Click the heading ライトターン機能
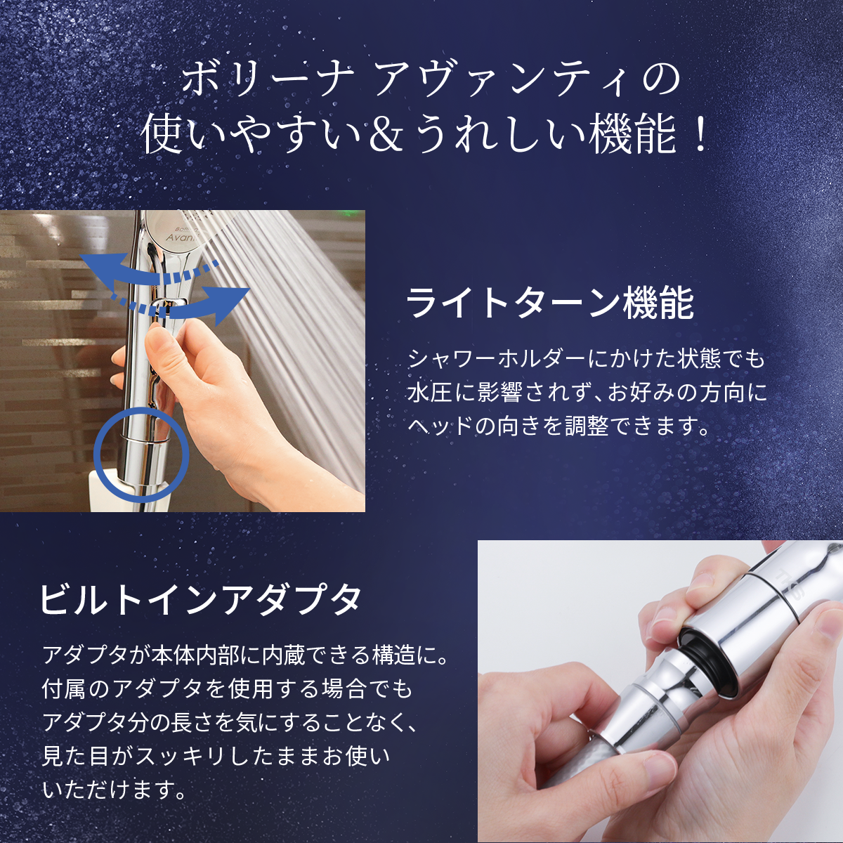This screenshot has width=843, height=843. (550, 303)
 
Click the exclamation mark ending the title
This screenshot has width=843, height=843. (698, 135)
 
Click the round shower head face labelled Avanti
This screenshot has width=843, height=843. (173, 232)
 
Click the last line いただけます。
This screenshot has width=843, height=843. (115, 790)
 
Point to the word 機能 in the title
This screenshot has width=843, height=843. (632, 135)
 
